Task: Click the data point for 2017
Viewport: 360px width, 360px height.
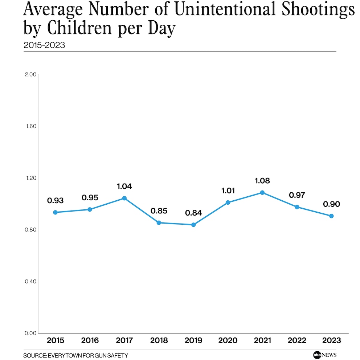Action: tap(124, 198)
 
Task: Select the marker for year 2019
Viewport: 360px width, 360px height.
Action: tap(193, 225)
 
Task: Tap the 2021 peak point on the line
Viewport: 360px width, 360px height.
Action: tap(262, 192)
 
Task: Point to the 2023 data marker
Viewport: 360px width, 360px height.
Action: tap(331, 216)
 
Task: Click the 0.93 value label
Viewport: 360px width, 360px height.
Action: tap(55, 201)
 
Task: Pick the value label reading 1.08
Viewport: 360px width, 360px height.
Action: tap(262, 181)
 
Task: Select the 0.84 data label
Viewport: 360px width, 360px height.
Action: tap(193, 213)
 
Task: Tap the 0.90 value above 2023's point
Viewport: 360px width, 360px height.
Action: tap(331, 204)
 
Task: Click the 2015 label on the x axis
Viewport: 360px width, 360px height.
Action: tap(55, 340)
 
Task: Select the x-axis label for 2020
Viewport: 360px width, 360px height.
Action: tap(228, 340)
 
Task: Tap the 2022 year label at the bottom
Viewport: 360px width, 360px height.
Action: tap(297, 340)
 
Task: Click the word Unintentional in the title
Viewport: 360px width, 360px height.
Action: tap(217, 10)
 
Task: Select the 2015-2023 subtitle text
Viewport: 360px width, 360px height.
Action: tap(44, 45)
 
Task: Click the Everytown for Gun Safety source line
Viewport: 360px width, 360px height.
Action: tap(75, 356)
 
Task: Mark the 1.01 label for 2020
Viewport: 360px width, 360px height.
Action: tap(228, 191)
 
